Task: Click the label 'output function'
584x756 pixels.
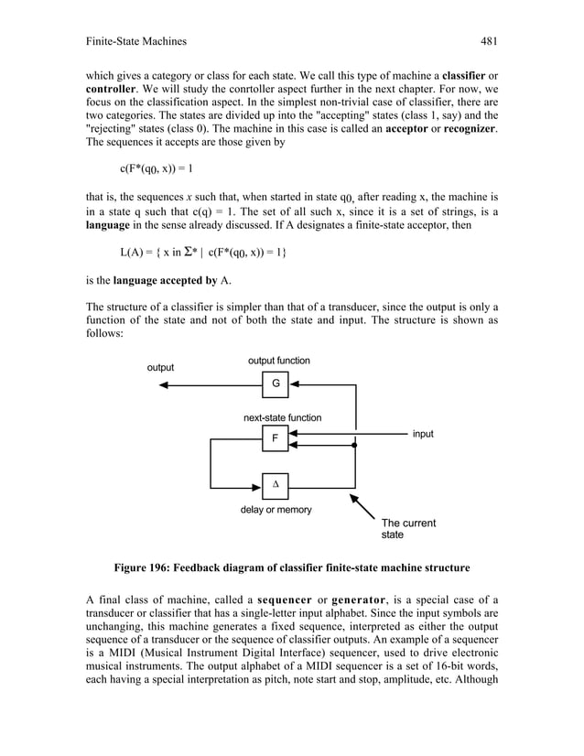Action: click(278, 361)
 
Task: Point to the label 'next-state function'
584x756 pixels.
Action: click(282, 417)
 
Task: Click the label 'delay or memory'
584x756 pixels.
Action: click(276, 510)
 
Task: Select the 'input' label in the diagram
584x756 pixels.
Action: click(422, 434)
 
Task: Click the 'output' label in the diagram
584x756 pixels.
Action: click(161, 368)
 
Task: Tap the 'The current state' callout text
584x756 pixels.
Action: click(408, 529)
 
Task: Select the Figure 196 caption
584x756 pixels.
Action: click(291, 567)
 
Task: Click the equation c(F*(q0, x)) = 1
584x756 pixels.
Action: click(157, 168)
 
